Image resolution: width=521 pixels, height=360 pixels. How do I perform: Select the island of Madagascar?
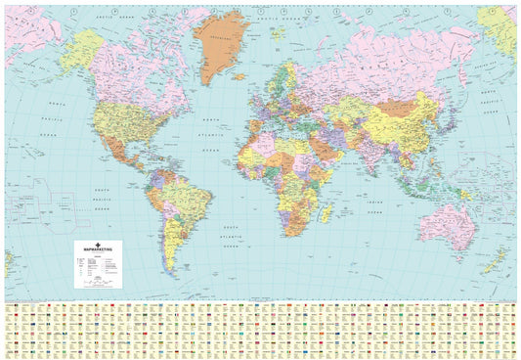pyautogui.click(x=327, y=211)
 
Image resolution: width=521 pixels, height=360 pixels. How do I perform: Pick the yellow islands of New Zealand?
pyautogui.click(x=496, y=259)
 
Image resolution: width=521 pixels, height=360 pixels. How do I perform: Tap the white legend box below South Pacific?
pyautogui.click(x=99, y=263)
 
